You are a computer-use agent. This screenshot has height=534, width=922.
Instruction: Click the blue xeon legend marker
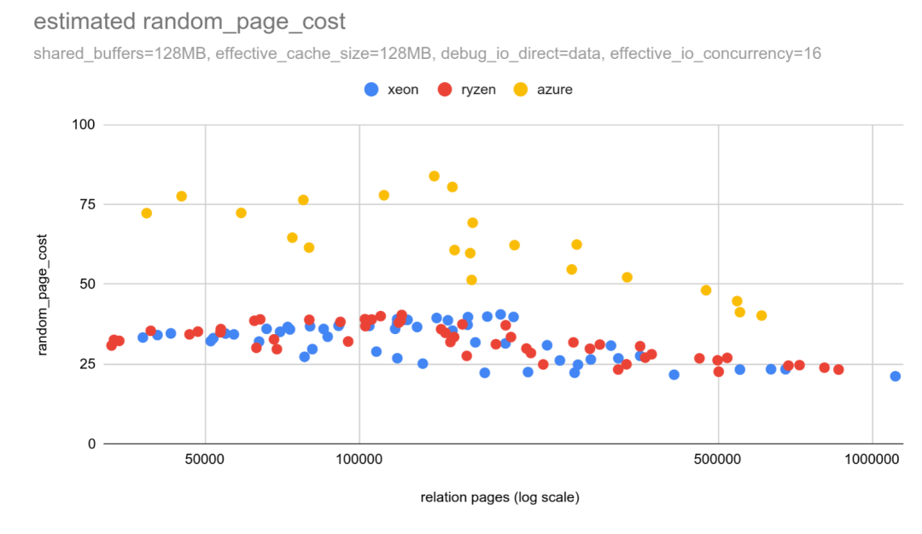click(371, 89)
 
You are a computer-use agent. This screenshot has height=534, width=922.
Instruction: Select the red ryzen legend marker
click(444, 89)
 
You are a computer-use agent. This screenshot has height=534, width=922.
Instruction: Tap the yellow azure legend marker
click(520, 89)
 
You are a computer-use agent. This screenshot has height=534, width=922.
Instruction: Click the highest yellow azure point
click(434, 176)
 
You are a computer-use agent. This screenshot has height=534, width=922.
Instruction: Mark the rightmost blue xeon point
click(895, 376)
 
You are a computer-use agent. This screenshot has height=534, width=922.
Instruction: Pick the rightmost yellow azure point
click(762, 315)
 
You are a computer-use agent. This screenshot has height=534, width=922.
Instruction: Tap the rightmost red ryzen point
click(838, 369)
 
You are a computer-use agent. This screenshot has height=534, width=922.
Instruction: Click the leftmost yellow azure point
click(146, 213)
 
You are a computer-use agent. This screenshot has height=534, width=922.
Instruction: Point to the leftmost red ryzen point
click(111, 345)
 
